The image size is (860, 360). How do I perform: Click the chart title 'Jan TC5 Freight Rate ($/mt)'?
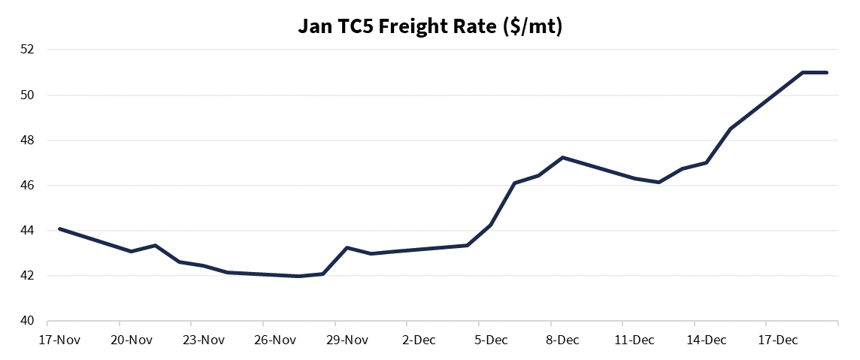[430, 27]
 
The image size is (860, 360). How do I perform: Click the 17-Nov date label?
[59, 340]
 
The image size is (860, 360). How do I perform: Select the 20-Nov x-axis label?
[132, 340]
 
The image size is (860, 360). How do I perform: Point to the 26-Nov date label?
[275, 340]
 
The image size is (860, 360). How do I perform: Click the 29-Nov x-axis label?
[347, 340]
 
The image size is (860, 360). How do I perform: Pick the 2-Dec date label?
[419, 340]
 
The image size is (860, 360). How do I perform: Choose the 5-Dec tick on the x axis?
[490, 340]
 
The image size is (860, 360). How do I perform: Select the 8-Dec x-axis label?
[562, 340]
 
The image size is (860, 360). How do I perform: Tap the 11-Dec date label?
[634, 340]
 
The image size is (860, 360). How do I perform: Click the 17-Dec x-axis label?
[777, 340]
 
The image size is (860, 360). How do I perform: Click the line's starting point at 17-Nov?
[59, 228]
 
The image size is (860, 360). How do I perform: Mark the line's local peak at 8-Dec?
[562, 157]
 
